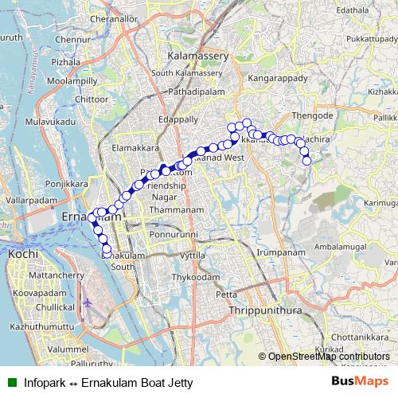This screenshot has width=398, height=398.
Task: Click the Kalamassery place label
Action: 198,57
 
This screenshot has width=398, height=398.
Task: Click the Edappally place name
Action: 178,119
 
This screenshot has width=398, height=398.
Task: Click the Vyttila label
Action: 193,256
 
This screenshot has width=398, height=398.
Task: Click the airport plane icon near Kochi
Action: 88,303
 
